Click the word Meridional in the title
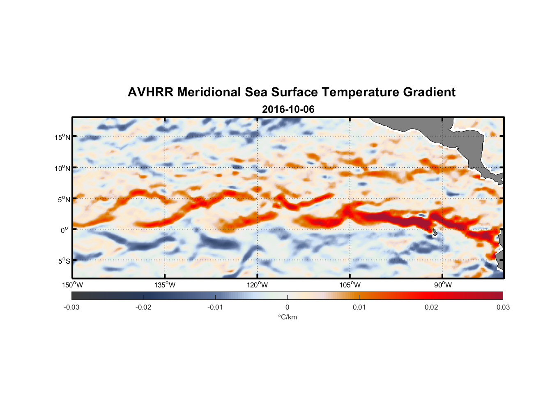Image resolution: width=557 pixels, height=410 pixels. coord(209,92)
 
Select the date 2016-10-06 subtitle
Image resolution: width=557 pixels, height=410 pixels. coord(288,109)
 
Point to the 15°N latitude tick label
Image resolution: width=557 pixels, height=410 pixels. coord(62,137)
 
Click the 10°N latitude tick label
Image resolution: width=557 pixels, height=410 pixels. coord(62,168)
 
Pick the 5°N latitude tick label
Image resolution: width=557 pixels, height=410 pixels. coord(64,199)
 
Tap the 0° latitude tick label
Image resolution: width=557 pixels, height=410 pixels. coord(64,230)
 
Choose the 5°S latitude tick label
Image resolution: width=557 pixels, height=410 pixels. coord(64,261)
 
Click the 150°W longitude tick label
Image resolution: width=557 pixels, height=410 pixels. coord(72,285)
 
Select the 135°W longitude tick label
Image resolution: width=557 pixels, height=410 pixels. coord(165,285)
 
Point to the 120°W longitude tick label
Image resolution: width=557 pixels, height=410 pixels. coord(258,285)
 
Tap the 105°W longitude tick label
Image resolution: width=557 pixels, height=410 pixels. coord(350,285)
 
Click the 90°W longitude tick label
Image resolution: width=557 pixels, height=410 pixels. coord(443,285)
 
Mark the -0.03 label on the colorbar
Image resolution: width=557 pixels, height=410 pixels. coord(71,307)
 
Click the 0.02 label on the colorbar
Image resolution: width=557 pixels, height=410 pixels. coord(431,307)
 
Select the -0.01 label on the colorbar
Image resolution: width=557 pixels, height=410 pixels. coord(215,307)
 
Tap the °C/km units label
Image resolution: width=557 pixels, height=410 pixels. coord(288,317)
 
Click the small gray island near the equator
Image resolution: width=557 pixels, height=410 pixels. coord(434,232)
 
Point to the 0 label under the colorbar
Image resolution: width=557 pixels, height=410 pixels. coord(287,307)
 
